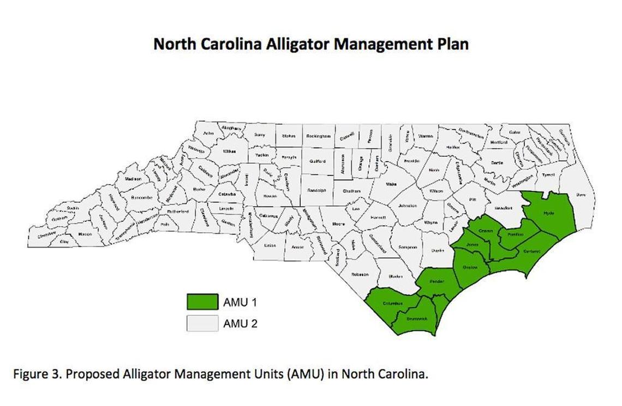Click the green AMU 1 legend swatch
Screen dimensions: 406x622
pyautogui.click(x=202, y=302)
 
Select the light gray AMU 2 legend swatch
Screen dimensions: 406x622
pyautogui.click(x=202, y=323)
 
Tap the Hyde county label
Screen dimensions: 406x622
pyautogui.click(x=548, y=213)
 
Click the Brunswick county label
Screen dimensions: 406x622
pyautogui.click(x=417, y=319)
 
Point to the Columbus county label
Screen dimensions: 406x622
pyautogui.click(x=392, y=303)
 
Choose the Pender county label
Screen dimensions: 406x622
pyautogui.click(x=436, y=281)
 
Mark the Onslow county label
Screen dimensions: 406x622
pyautogui.click(x=470, y=267)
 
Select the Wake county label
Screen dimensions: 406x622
pyautogui.click(x=391, y=185)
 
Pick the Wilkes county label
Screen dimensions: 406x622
pyautogui.click(x=229, y=151)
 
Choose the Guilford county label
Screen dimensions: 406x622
pyautogui.click(x=317, y=161)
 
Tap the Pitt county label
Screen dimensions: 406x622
pyautogui.click(x=473, y=200)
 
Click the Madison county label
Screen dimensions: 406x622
pyautogui.click(x=133, y=179)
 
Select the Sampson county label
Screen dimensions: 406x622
pyautogui.click(x=408, y=247)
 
